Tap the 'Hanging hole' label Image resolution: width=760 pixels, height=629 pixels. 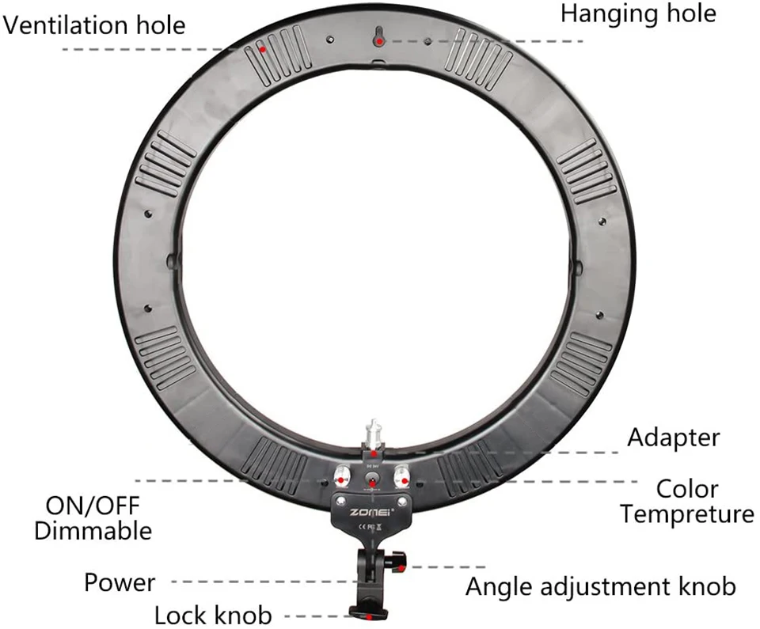point(638,13)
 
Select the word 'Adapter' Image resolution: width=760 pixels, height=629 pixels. point(674,437)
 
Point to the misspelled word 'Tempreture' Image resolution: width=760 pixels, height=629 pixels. point(687,514)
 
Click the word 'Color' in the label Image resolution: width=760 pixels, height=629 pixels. point(687,489)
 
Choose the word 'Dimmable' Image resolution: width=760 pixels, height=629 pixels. point(93,530)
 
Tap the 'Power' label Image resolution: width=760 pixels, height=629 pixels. point(120,584)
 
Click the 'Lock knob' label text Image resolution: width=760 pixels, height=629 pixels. point(212,615)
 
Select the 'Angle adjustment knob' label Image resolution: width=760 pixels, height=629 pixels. point(600,587)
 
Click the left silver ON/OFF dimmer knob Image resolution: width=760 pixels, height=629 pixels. point(341,477)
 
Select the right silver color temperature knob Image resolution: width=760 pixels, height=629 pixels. point(401,477)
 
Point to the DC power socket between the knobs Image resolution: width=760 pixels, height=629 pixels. point(370,480)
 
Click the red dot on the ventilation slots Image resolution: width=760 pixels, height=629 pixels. point(265,50)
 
